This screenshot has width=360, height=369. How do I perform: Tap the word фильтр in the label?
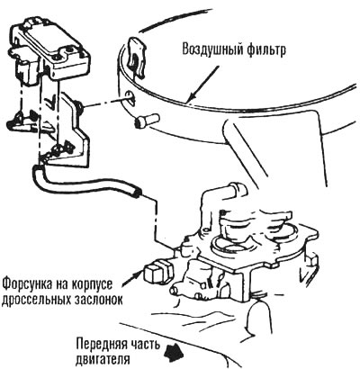pos(265,49)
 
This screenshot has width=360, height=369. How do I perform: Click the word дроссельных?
pos(36,300)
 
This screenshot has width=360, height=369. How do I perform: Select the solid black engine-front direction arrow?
pos(174,351)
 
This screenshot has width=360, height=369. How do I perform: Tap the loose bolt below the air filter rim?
pos(146,121)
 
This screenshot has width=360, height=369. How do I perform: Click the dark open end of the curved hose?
pos(138,193)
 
